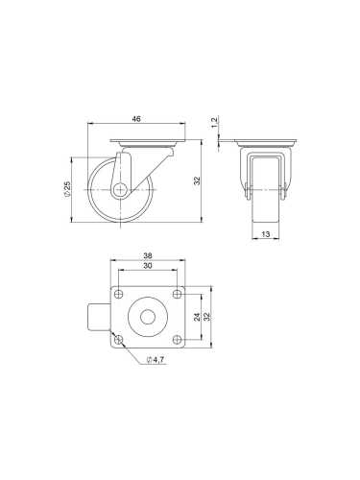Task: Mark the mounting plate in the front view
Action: click(x=262, y=145)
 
